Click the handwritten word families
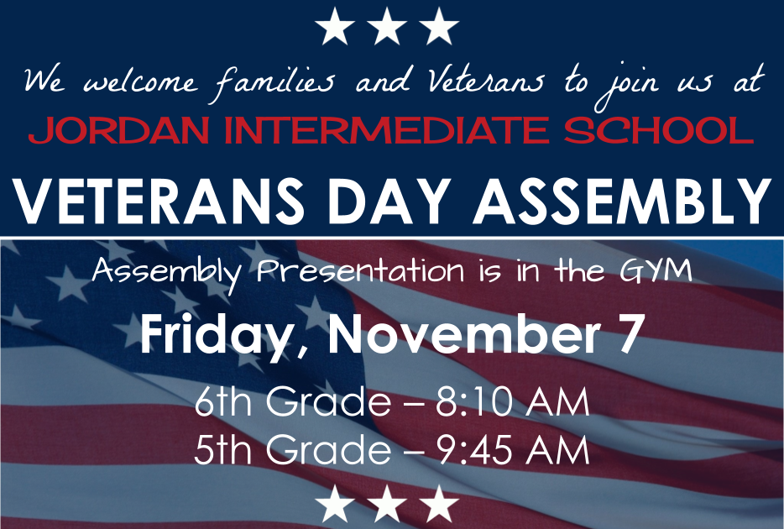pos(274,82)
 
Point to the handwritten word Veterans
pos(486,82)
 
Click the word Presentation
pos(358,270)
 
